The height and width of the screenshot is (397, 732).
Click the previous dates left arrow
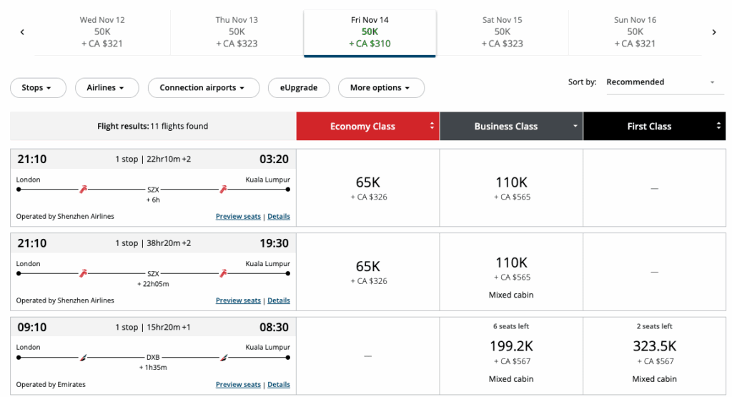coord(22,32)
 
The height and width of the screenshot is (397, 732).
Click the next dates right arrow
coord(713,32)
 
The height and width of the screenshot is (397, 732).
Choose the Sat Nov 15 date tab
coord(502,32)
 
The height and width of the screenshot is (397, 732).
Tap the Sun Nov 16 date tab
coord(635,32)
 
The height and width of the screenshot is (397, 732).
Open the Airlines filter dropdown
coord(106,88)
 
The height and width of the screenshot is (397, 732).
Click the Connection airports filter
coord(202,88)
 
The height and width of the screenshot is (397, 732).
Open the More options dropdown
coord(380,88)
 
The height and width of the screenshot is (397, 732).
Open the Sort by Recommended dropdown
coord(660,82)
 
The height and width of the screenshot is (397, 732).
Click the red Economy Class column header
coord(367,127)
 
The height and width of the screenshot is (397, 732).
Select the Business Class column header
coord(510,127)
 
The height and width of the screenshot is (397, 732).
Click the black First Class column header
coord(653,127)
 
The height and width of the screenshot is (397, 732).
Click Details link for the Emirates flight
coord(279,385)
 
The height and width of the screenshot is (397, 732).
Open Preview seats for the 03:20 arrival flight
coord(238,217)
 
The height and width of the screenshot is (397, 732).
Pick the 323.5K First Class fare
coord(653,346)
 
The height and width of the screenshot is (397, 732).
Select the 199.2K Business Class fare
coord(510,346)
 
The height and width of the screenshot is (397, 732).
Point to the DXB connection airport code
coord(153,356)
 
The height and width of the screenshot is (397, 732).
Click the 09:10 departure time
coord(31,328)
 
